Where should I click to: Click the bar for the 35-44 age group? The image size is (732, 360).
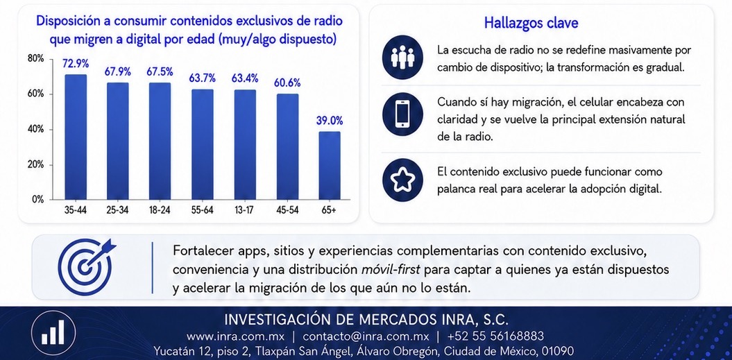(x=76, y=137)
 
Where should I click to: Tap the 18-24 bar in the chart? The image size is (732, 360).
(x=160, y=141)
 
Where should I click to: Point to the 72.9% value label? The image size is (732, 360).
(x=76, y=64)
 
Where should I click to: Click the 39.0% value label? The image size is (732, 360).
(x=330, y=121)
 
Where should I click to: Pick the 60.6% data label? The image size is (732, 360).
(x=287, y=83)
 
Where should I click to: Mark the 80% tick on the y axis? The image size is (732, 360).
(x=35, y=59)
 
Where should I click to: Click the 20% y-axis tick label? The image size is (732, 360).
(x=35, y=165)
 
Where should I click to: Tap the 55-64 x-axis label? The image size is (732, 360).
(x=202, y=210)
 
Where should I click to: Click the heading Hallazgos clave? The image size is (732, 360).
(x=531, y=24)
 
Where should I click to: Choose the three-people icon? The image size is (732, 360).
(x=402, y=58)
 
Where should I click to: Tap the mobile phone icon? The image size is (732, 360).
(x=402, y=113)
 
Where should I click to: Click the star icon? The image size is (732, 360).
(x=402, y=180)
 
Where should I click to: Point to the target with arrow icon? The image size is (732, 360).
(x=87, y=266)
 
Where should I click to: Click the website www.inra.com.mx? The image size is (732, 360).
(x=235, y=336)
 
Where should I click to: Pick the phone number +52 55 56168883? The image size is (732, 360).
(x=495, y=336)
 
